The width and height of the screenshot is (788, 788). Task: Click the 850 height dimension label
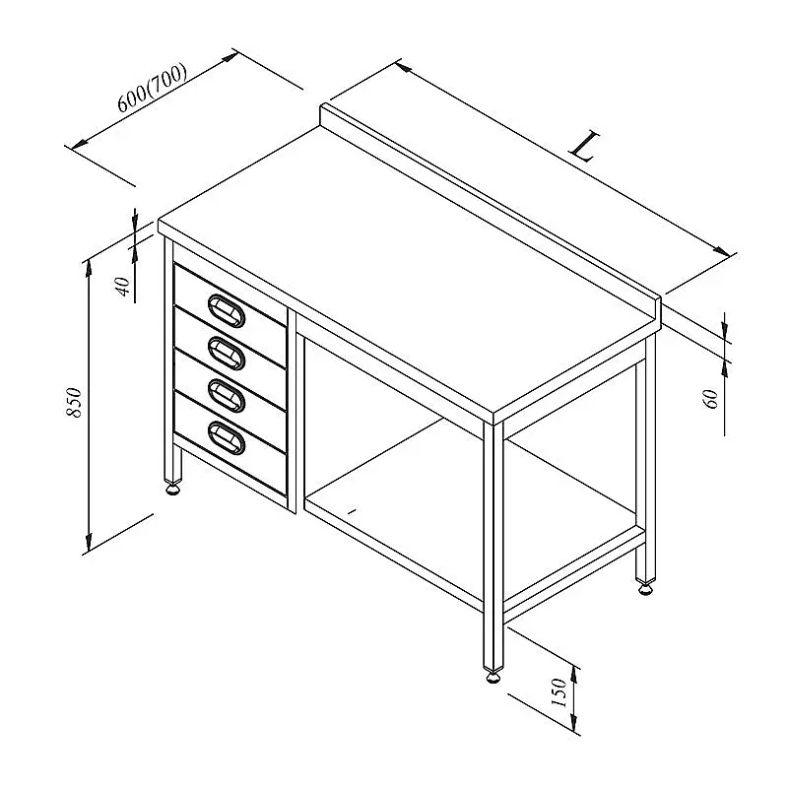point(74,402)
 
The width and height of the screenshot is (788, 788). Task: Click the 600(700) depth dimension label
point(153,88)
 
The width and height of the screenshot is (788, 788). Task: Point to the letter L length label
point(584,146)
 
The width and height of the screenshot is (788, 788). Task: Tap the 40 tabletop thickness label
point(123,287)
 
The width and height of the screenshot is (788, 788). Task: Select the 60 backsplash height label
point(712,399)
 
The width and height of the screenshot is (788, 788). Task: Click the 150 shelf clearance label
point(558,692)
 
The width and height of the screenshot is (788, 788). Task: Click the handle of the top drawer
point(227,310)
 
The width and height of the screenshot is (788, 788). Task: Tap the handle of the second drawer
point(227,354)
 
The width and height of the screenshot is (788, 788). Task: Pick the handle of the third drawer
point(227,396)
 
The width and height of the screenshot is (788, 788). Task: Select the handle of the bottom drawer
point(227,437)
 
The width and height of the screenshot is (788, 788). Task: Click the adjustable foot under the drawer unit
point(172,488)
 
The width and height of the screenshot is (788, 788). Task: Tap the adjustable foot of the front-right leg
point(493,677)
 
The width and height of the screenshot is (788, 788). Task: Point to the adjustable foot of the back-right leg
point(646,587)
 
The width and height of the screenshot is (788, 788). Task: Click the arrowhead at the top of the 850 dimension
point(89,268)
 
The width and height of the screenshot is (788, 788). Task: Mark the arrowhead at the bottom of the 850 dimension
point(89,543)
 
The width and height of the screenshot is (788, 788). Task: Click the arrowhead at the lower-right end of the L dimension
point(722,250)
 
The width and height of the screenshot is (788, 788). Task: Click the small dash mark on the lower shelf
point(352,511)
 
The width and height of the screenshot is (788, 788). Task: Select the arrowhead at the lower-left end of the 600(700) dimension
point(80,144)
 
